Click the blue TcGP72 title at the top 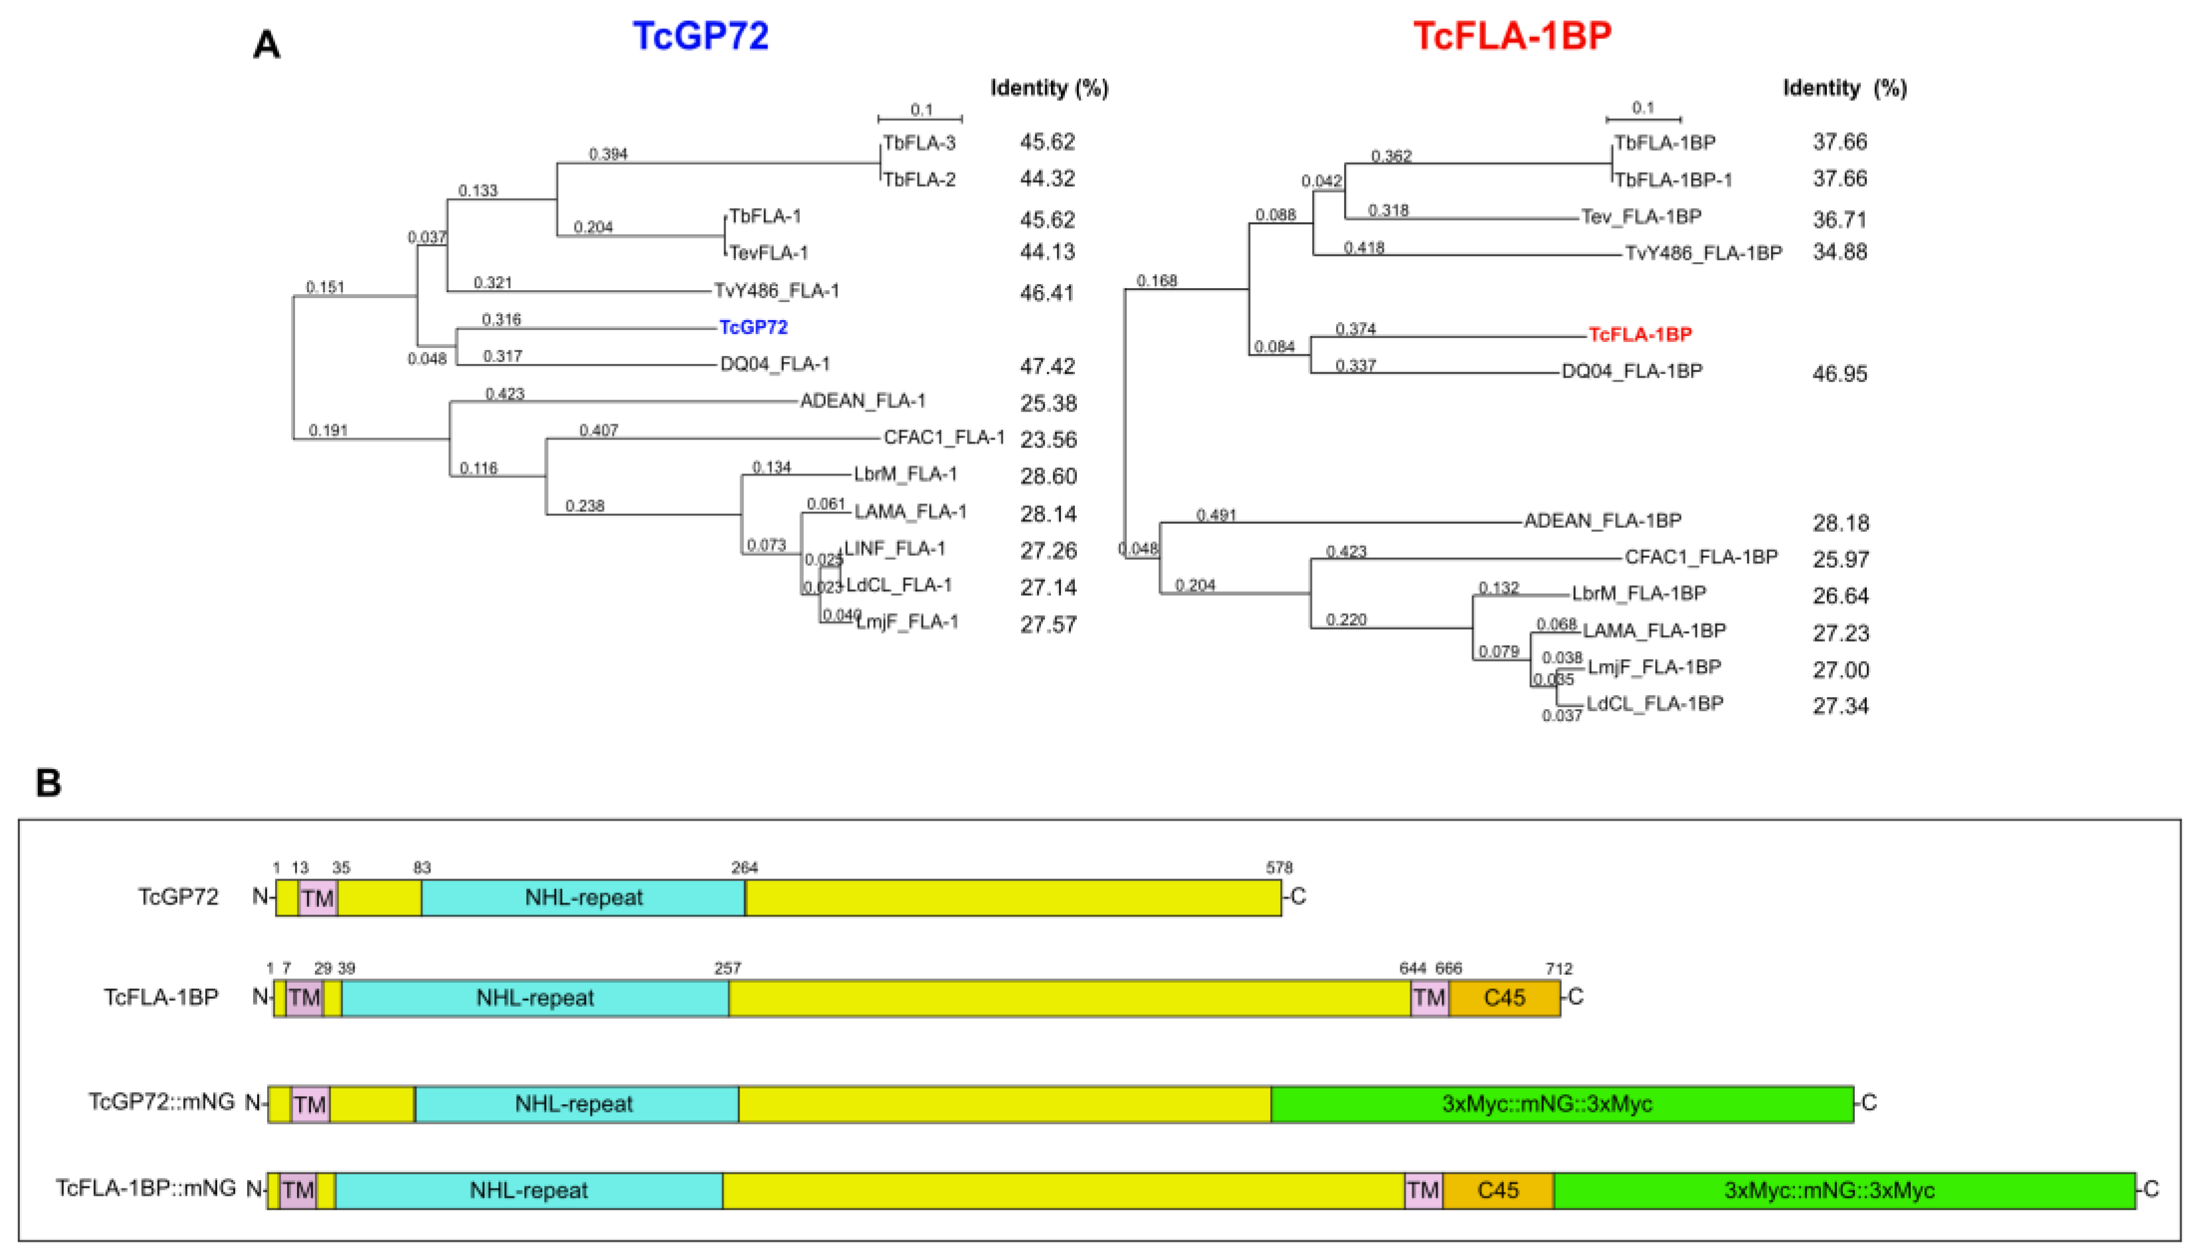pyautogui.click(x=700, y=35)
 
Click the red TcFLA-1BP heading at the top pyautogui.click(x=1512, y=35)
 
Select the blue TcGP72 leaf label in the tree pyautogui.click(x=753, y=327)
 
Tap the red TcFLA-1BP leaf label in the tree pyautogui.click(x=1640, y=334)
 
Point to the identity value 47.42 pyautogui.click(x=1047, y=366)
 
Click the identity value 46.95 pyautogui.click(x=1840, y=374)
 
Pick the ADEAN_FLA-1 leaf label pyautogui.click(x=862, y=400)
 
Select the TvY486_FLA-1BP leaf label pyautogui.click(x=1703, y=252)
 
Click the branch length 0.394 pyautogui.click(x=608, y=154)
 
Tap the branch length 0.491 pyautogui.click(x=1216, y=515)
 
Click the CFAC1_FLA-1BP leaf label pyautogui.click(x=1700, y=557)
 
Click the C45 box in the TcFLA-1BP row pyautogui.click(x=1504, y=998)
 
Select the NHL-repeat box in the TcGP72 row pyautogui.click(x=584, y=898)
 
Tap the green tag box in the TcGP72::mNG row pyautogui.click(x=1561, y=1104)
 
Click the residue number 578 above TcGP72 pyautogui.click(x=1278, y=867)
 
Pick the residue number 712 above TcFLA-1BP pyautogui.click(x=1559, y=968)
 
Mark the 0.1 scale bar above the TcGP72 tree pyautogui.click(x=920, y=118)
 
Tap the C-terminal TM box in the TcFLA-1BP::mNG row pyautogui.click(x=1422, y=1191)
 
